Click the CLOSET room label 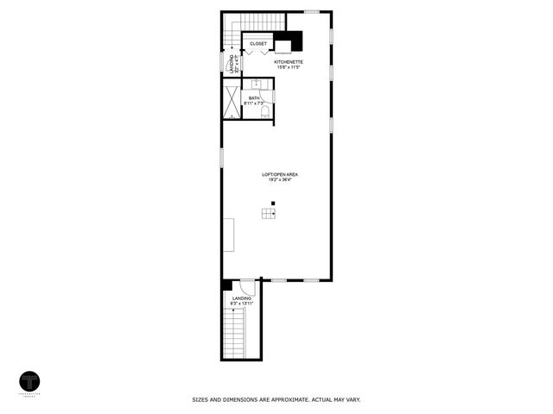tap(258, 43)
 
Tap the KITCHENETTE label tap(288, 63)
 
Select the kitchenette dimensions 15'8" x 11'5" tap(288, 68)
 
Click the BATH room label tap(254, 98)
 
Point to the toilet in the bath tap(266, 111)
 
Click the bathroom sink tap(257, 84)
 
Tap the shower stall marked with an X tap(232, 100)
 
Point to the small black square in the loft tap(273, 204)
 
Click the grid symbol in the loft tap(269, 215)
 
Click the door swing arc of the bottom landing tap(248, 289)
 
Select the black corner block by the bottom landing tap(226, 285)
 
